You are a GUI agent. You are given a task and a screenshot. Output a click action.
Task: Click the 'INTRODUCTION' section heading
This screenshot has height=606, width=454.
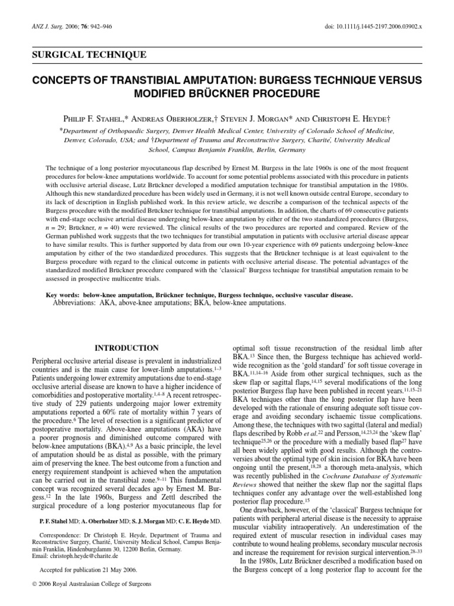point(127,348)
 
